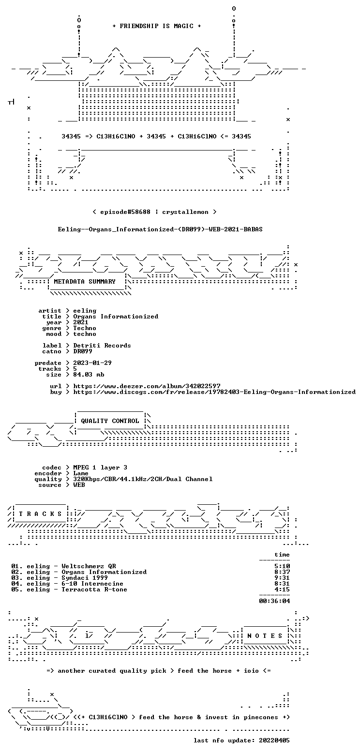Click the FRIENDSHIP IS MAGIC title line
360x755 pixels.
(x=157, y=26)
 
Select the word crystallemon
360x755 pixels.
(x=185, y=212)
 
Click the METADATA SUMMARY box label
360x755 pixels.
(x=85, y=282)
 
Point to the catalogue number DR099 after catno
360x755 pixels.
(x=83, y=351)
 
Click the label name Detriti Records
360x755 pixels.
(x=102, y=346)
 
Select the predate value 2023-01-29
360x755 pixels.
(x=92, y=363)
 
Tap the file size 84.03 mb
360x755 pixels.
(x=89, y=375)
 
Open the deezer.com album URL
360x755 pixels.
(x=147, y=386)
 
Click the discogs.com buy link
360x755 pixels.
(x=214, y=393)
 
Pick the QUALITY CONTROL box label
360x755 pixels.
(x=110, y=422)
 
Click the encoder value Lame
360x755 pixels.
(x=81, y=473)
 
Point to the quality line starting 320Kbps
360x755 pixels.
(x=143, y=479)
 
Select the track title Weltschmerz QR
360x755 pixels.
(x=89, y=567)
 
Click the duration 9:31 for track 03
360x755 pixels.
(x=282, y=578)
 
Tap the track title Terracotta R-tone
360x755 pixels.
(x=94, y=590)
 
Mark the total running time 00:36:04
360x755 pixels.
(x=274, y=601)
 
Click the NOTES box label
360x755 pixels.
(x=265, y=636)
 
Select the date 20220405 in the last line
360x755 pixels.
(x=274, y=741)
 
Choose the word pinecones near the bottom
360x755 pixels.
(x=261, y=718)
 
